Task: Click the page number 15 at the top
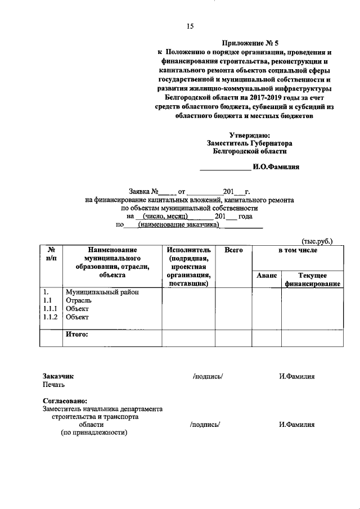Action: tap(190, 26)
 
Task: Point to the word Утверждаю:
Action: tap(250, 134)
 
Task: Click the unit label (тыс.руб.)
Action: tap(317, 241)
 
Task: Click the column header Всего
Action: tap(233, 250)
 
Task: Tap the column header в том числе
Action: tap(298, 250)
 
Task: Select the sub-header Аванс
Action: tap(266, 276)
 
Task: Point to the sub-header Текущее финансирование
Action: tap(312, 280)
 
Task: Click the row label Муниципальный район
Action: tap(102, 292)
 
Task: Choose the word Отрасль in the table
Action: tap(78, 300)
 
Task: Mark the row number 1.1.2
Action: tap(51, 317)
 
